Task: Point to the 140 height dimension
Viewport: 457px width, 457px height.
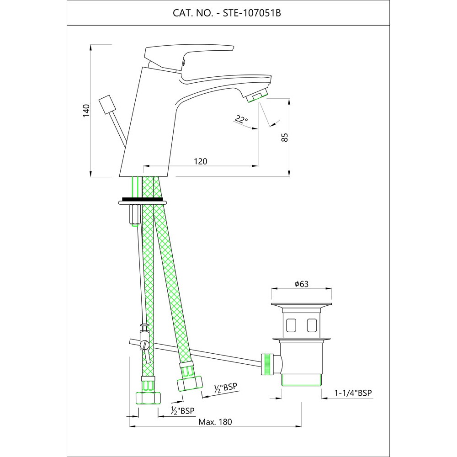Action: click(x=86, y=111)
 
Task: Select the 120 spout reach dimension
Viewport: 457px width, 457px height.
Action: click(x=201, y=161)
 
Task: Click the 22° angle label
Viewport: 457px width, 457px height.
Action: click(x=241, y=120)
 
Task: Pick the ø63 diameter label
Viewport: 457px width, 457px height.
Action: click(x=302, y=284)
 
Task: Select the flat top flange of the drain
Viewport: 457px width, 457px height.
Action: click(x=302, y=305)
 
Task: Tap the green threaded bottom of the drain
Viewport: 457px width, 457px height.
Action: click(x=302, y=379)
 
